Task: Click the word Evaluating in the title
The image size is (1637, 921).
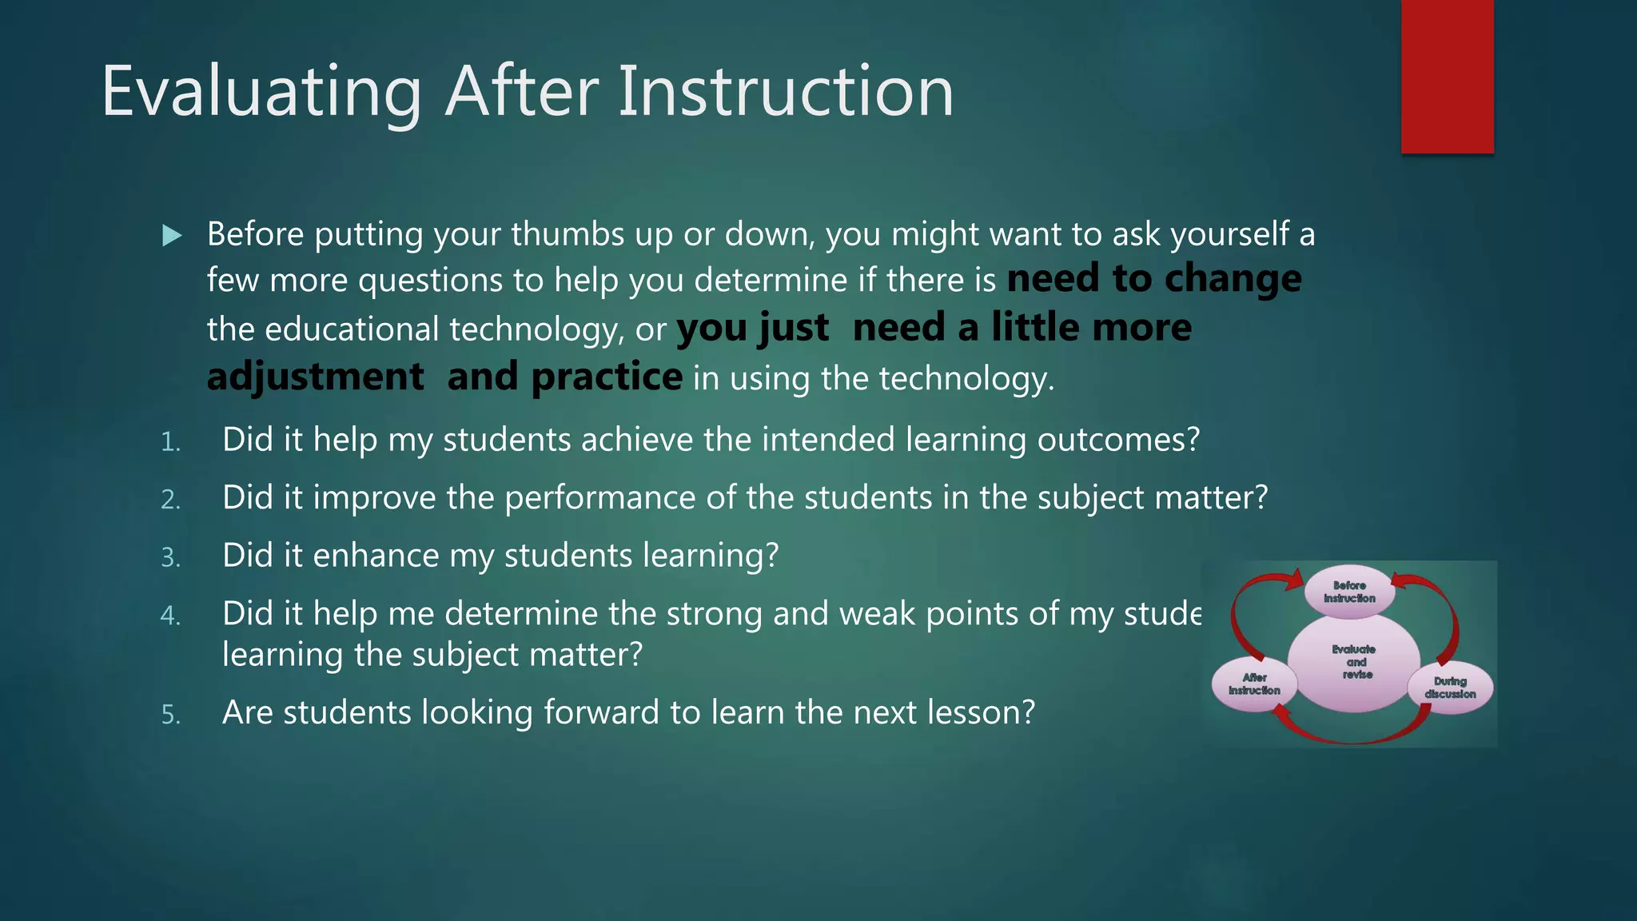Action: [x=261, y=92]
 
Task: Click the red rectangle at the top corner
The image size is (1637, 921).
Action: [x=1447, y=76]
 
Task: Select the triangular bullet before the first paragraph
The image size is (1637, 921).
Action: [x=172, y=235]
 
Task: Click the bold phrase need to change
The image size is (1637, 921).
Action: [x=1153, y=279]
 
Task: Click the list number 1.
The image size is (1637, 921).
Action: [x=170, y=442]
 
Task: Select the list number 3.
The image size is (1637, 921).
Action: [x=170, y=557]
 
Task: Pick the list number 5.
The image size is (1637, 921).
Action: [x=170, y=715]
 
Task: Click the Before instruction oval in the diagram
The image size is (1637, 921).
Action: [x=1349, y=592]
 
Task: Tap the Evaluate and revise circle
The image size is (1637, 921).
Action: [x=1354, y=662]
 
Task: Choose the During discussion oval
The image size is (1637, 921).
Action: [x=1450, y=688]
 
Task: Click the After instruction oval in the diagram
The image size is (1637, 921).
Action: [x=1253, y=684]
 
